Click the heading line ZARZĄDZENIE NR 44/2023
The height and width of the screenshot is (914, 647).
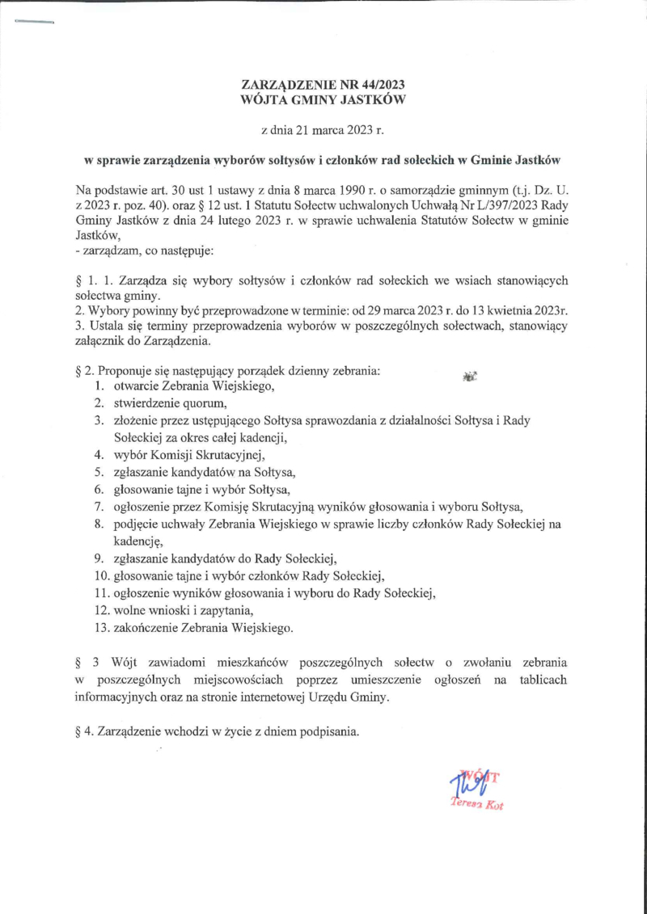pyautogui.click(x=323, y=85)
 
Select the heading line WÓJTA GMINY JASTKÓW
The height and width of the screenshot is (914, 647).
pyautogui.click(x=323, y=100)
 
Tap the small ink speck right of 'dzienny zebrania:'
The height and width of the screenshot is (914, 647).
pyautogui.click(x=470, y=375)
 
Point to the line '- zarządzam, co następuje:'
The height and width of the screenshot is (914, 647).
pyautogui.click(x=144, y=251)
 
